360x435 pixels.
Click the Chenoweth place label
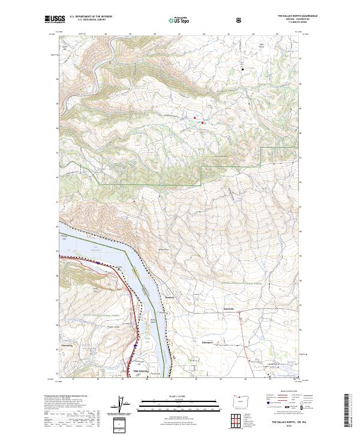67,346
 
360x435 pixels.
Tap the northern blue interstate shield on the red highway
97,262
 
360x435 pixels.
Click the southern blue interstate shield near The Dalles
136,346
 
